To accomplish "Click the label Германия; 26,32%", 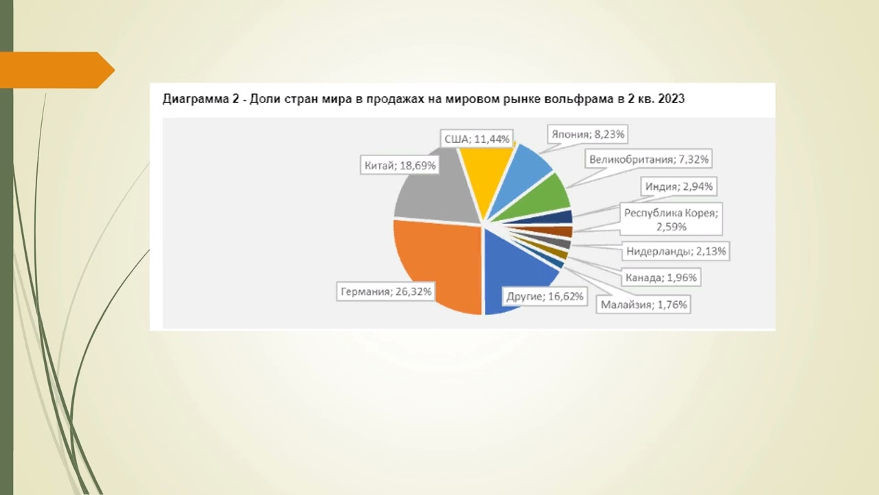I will point(386,291).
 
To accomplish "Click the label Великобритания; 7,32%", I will point(649,159).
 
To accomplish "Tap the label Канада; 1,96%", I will point(661,278).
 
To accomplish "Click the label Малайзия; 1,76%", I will point(643,304).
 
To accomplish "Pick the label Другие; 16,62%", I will point(545,297).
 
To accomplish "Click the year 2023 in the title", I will point(670,99).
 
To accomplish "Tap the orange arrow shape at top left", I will point(55,70).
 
